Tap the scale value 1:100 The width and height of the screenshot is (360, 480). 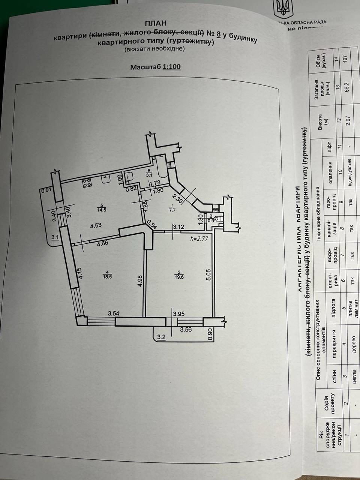171,67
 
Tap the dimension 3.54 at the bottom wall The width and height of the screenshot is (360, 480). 102,313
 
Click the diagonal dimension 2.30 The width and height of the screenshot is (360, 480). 177,197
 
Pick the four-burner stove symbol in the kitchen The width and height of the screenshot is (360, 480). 88,183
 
